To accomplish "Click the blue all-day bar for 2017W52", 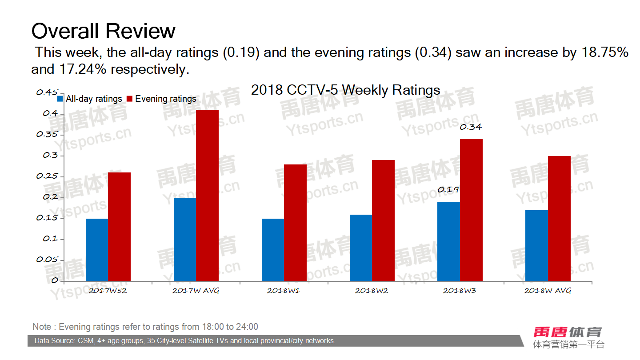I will [x=97, y=249].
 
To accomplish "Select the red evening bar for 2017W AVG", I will [x=207, y=195].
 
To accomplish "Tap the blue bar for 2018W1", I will [x=273, y=249].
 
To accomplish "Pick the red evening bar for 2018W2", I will [x=383, y=220].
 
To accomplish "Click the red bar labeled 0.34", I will [x=471, y=210].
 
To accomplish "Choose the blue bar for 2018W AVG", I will [x=536, y=245].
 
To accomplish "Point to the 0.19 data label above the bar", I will [x=448, y=190].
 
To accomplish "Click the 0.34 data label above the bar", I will [x=471, y=127].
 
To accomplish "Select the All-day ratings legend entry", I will [x=90, y=99].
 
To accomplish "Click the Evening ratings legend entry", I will [x=162, y=99].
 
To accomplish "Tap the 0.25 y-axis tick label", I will [x=48, y=176].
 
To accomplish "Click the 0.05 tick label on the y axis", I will [x=48, y=260].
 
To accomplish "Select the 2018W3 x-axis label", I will [x=460, y=291].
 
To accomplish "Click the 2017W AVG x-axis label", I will [x=196, y=291].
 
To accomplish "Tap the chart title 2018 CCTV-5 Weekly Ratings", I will [x=345, y=90].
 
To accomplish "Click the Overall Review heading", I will [x=103, y=31].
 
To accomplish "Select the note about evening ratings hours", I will [x=145, y=327].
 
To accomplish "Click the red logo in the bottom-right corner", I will [x=568, y=332].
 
